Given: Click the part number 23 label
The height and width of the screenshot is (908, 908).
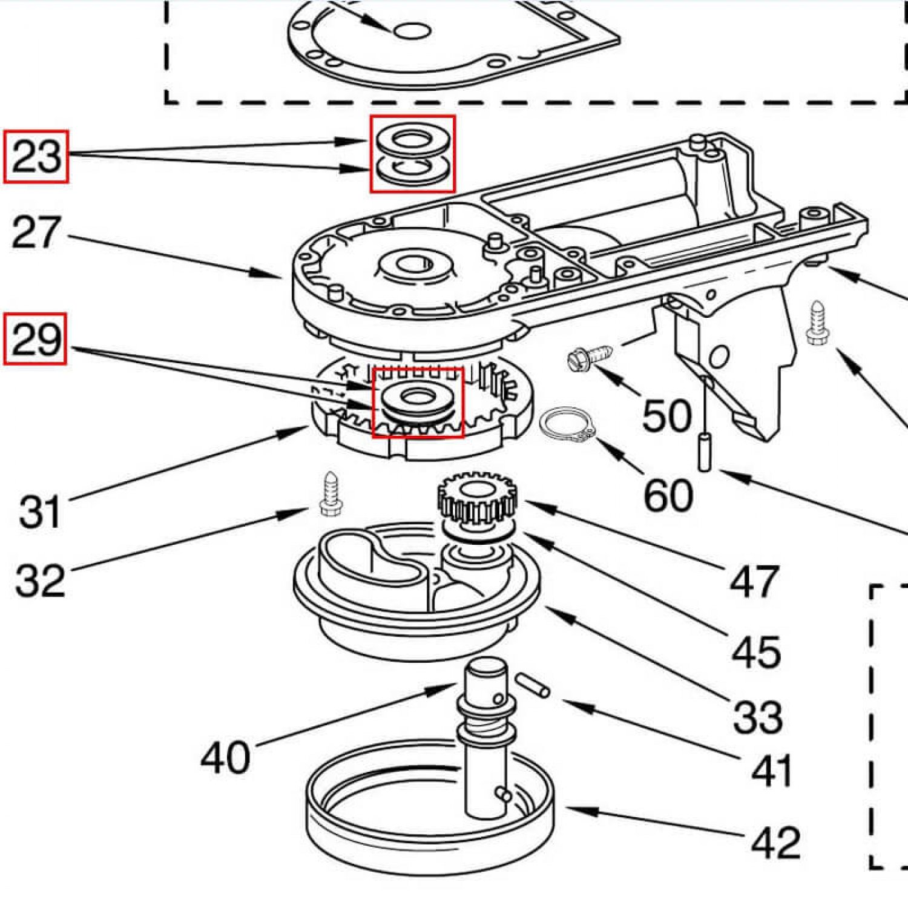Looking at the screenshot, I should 36,156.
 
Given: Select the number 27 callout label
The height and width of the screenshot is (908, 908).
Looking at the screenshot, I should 36,232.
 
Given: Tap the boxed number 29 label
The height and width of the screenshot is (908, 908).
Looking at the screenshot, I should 36,339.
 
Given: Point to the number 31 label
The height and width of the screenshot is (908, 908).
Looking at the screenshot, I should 40,512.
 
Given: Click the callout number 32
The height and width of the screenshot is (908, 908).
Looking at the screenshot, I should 40,580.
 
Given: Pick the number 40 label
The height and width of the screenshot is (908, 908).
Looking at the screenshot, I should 225,757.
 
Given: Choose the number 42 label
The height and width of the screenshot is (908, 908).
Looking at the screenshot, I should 776,842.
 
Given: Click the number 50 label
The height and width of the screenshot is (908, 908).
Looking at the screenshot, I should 666,415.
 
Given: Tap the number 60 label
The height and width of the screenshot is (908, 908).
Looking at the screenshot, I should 668,495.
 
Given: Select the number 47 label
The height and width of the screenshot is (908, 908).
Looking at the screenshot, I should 754,582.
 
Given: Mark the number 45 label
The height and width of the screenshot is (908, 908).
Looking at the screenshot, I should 756,652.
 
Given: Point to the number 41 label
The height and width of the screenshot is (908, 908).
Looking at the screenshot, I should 771,771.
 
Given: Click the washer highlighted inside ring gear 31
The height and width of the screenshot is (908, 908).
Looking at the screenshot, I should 416,400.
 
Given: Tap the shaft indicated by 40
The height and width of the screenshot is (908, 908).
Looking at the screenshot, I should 485,739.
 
